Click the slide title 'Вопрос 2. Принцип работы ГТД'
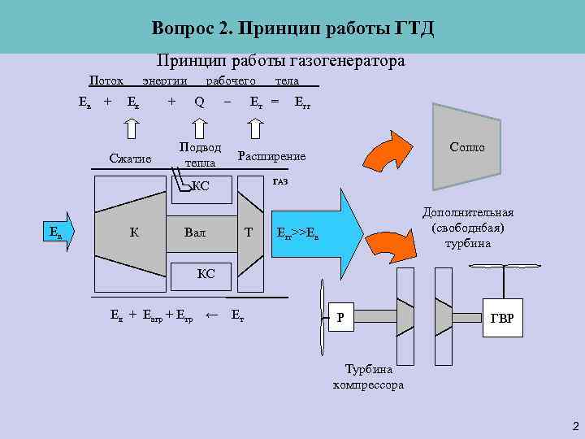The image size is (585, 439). [x=292, y=29]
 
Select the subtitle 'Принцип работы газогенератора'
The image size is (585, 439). [x=280, y=61]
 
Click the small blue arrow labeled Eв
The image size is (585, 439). [x=59, y=233]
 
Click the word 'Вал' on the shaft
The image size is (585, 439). [x=195, y=233]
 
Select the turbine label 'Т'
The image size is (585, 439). [x=249, y=233]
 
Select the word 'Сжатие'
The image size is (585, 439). [x=130, y=158]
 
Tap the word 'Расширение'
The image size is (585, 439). [x=271, y=155]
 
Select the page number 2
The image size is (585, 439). [x=575, y=426]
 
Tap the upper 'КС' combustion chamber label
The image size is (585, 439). [x=200, y=186]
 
